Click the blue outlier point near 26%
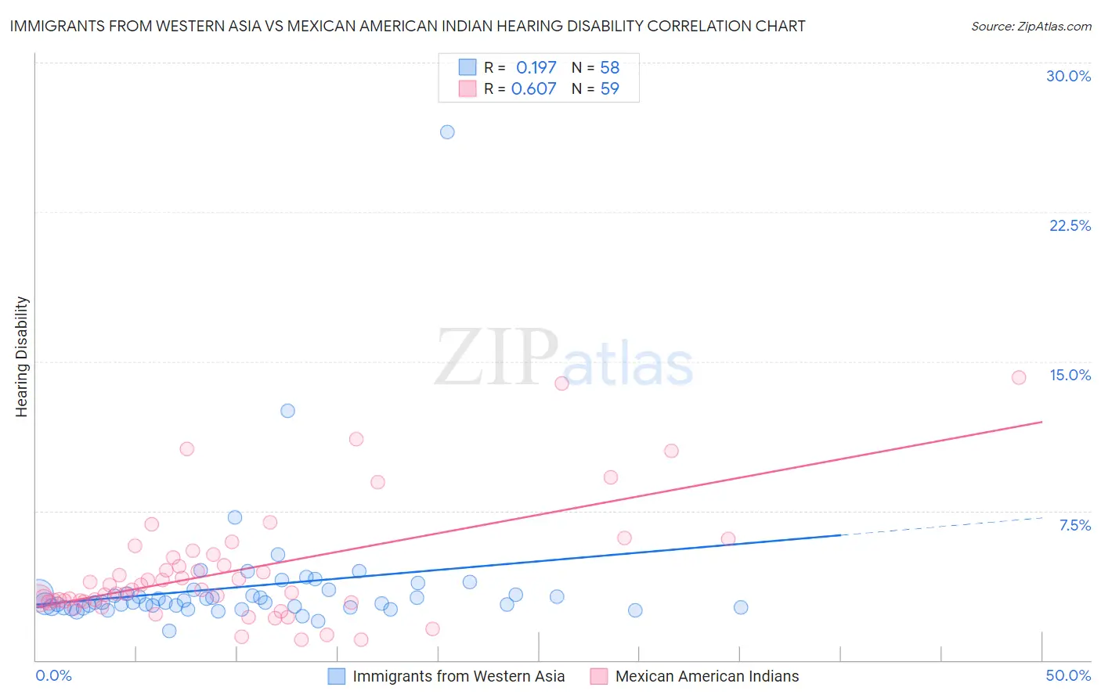point(447,132)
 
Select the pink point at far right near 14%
point(1019,378)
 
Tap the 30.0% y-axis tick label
point(1068,76)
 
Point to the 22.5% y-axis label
point(1070,225)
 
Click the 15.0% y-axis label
point(1070,375)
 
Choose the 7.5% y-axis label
point(1074,525)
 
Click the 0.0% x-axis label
point(53,675)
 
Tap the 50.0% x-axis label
point(1068,675)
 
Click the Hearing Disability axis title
point(22,356)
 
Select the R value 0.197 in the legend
point(536,68)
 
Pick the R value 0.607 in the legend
point(533,89)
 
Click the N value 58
point(609,68)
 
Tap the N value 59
point(609,89)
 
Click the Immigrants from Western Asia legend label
point(458,676)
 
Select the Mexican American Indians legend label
point(706,676)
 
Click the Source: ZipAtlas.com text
point(1031,27)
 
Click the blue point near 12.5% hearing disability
point(287,411)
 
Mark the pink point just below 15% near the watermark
point(561,383)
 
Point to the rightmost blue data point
point(741,607)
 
